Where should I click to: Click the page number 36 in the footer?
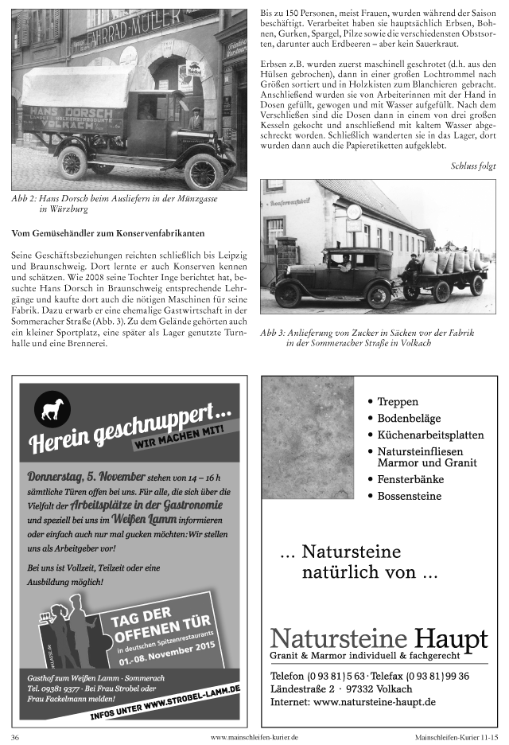15,737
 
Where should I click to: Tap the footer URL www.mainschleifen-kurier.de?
254,737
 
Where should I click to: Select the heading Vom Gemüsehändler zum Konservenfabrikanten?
109,233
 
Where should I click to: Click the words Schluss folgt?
473,166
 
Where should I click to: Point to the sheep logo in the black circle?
52,408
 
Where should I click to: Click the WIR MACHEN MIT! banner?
179,437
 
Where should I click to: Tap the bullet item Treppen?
397,402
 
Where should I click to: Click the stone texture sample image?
308,449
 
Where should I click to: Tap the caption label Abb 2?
25,197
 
